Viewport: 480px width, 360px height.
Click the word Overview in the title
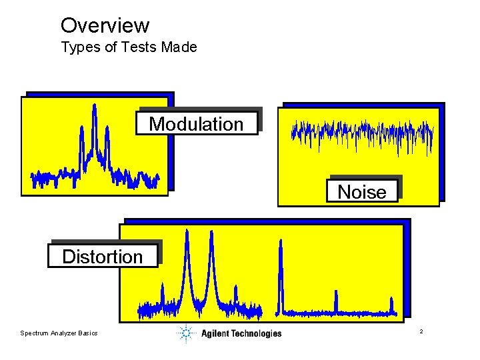(x=105, y=25)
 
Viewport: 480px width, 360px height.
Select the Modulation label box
(x=197, y=123)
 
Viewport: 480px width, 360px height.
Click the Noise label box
(x=362, y=192)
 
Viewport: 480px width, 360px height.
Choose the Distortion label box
(x=103, y=257)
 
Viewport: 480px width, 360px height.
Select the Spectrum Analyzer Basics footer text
(x=59, y=333)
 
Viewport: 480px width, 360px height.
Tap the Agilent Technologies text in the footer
(x=241, y=333)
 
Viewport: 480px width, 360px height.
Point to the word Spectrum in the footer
(x=34, y=333)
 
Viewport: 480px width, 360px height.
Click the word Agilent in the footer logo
(x=215, y=333)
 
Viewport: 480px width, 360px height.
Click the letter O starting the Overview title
(x=68, y=25)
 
